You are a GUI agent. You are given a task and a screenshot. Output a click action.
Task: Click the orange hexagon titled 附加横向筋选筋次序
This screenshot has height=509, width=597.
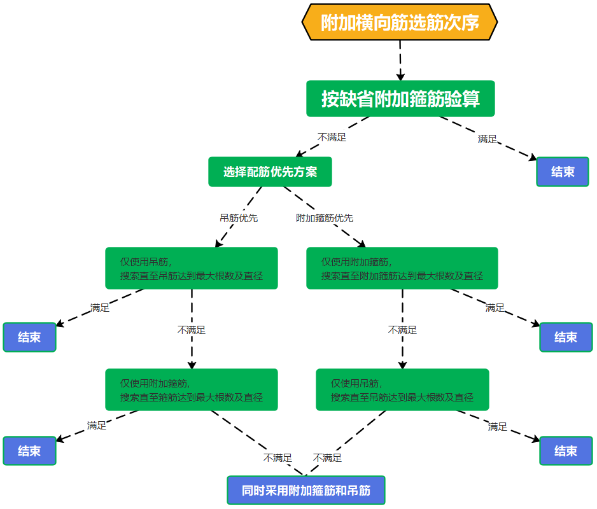(399, 22)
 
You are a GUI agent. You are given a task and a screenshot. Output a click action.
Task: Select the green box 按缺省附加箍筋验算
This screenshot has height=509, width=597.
(400, 99)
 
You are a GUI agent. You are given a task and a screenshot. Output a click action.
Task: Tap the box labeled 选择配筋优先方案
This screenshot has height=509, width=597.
(270, 172)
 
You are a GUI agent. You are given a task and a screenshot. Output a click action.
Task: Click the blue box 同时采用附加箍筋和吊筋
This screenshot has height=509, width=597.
(306, 491)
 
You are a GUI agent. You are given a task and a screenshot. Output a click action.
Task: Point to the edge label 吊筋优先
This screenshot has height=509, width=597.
(239, 218)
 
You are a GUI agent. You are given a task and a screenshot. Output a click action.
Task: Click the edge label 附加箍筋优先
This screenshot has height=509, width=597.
(325, 218)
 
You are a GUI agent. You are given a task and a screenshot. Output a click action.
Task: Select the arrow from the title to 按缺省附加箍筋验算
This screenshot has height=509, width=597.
(400, 60)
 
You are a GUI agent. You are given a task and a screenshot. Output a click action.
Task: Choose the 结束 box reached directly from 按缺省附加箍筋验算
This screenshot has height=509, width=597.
(563, 172)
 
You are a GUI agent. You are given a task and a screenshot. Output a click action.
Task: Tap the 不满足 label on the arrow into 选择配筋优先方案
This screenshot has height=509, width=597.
(332, 137)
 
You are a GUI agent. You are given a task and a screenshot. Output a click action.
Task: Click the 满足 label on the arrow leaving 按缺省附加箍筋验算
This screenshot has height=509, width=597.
(488, 139)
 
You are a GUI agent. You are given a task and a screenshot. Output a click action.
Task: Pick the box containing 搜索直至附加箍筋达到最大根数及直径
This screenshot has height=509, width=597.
(402, 268)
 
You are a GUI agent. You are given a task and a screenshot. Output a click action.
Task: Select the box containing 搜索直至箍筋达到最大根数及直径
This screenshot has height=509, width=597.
(191, 389)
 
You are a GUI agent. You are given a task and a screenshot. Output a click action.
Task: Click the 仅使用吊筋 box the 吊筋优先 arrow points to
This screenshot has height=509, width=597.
(191, 268)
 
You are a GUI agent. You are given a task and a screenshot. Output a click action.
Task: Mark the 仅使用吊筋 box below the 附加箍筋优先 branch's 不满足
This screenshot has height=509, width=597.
(402, 389)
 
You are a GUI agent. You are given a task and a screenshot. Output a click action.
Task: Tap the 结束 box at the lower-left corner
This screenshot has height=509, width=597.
(29, 450)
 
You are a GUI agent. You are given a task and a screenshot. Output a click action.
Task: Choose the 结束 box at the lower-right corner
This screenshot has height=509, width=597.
(566, 450)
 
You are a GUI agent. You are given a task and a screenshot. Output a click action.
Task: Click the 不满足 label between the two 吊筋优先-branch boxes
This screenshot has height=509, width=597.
(192, 330)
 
